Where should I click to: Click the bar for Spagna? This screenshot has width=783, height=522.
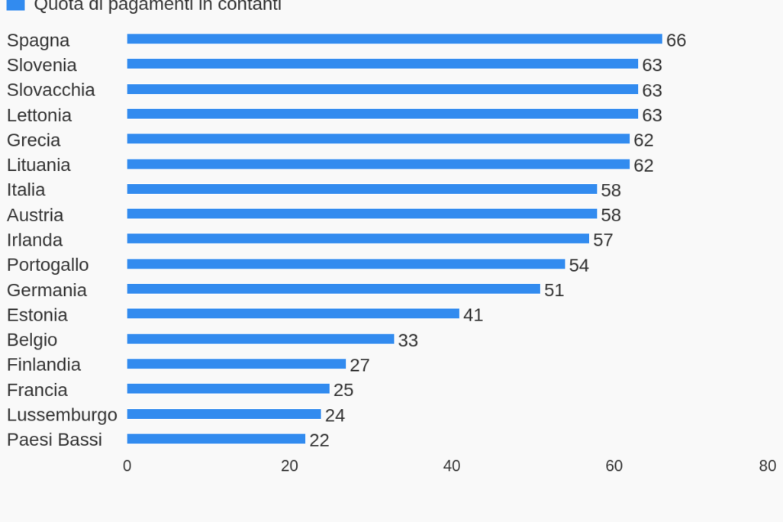click(394, 39)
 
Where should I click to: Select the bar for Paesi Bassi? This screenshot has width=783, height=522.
click(216, 439)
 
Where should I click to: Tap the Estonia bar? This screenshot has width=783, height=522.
click(293, 314)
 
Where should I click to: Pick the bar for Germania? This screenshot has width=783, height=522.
click(333, 288)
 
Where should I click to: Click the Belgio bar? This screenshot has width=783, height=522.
click(260, 339)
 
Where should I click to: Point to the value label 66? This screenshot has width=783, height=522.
click(676, 40)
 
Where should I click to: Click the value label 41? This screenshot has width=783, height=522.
click(473, 315)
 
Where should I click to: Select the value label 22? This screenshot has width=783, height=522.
click(319, 440)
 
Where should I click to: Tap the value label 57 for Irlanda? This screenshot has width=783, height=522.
click(603, 240)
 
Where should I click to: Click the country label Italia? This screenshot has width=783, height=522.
click(26, 189)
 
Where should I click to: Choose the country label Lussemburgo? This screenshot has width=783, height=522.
click(62, 414)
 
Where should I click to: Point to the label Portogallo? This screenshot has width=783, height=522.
click(47, 265)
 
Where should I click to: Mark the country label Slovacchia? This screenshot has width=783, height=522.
click(50, 90)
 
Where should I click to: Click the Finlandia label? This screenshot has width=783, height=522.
click(43, 365)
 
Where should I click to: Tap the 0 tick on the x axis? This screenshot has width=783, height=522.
click(127, 466)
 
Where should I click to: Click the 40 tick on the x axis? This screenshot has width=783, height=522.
click(452, 466)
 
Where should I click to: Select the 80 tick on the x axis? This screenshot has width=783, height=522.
click(768, 466)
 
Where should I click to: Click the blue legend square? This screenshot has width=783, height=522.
click(15, 5)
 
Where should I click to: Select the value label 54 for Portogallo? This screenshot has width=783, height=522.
click(578, 266)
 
